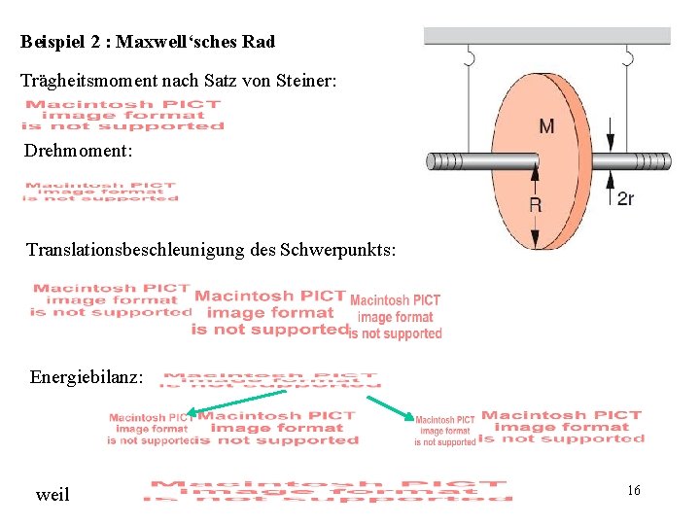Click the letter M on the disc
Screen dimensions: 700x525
(546, 125)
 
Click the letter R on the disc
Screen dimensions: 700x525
(535, 204)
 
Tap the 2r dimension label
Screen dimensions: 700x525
(625, 198)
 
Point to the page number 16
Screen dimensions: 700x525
(633, 490)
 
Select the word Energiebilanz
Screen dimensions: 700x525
(87, 376)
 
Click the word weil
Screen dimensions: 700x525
(52, 495)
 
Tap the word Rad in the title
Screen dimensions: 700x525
(262, 42)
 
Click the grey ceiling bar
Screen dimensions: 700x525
(547, 36)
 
